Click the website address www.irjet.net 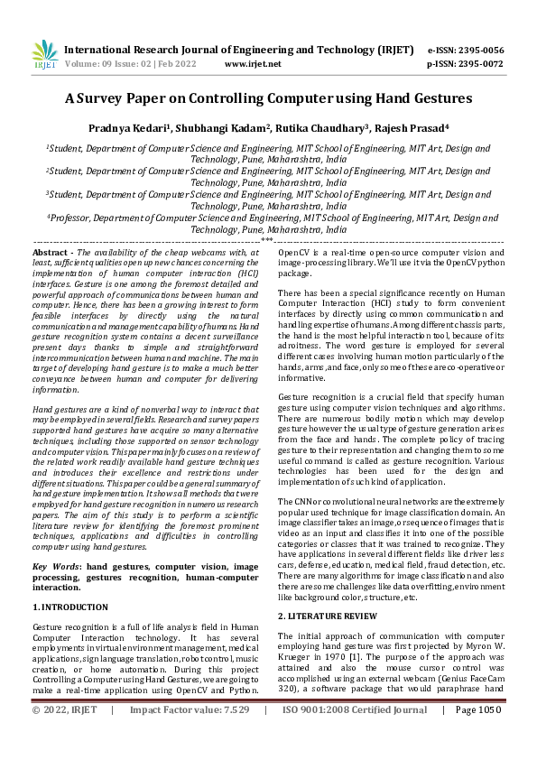[x=252, y=64]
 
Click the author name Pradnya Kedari [x=144, y=128]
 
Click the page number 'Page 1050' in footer [x=477, y=736]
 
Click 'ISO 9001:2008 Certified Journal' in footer [x=355, y=736]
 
